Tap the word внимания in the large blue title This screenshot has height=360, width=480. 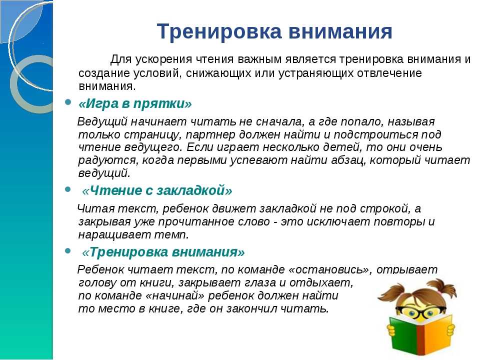coord(340,31)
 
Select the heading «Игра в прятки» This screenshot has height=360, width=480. coord(135,104)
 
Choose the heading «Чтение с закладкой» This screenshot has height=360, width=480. coord(157,190)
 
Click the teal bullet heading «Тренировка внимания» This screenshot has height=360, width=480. coord(163,252)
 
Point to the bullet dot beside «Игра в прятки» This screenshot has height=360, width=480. coord(68,101)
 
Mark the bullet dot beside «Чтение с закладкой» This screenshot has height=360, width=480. coord(68,189)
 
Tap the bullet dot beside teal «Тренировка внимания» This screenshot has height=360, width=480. coord(68,251)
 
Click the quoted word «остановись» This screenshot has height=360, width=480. coord(330,269)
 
